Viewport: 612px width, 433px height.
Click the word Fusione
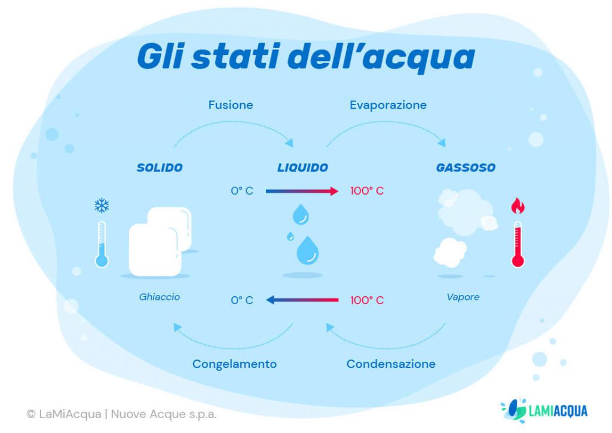point(230,105)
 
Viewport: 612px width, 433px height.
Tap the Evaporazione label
point(388,105)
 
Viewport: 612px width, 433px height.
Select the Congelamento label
point(234,364)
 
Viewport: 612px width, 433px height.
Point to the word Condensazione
point(391,364)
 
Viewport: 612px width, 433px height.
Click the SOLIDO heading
point(160,168)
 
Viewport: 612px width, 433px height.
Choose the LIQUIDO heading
point(302,168)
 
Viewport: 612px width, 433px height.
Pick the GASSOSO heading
point(466,168)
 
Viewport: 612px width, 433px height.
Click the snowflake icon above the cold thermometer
point(102,206)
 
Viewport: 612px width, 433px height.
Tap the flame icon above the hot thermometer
point(518,206)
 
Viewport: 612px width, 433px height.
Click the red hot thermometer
point(518,245)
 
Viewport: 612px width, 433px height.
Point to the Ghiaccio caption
point(160,297)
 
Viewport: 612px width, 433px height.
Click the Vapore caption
point(463,297)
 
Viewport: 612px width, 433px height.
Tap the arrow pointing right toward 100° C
point(302,191)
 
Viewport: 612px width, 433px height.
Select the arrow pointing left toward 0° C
point(302,300)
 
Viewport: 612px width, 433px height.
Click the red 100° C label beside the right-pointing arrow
point(367,191)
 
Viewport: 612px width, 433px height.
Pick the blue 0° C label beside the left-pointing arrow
point(242,300)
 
